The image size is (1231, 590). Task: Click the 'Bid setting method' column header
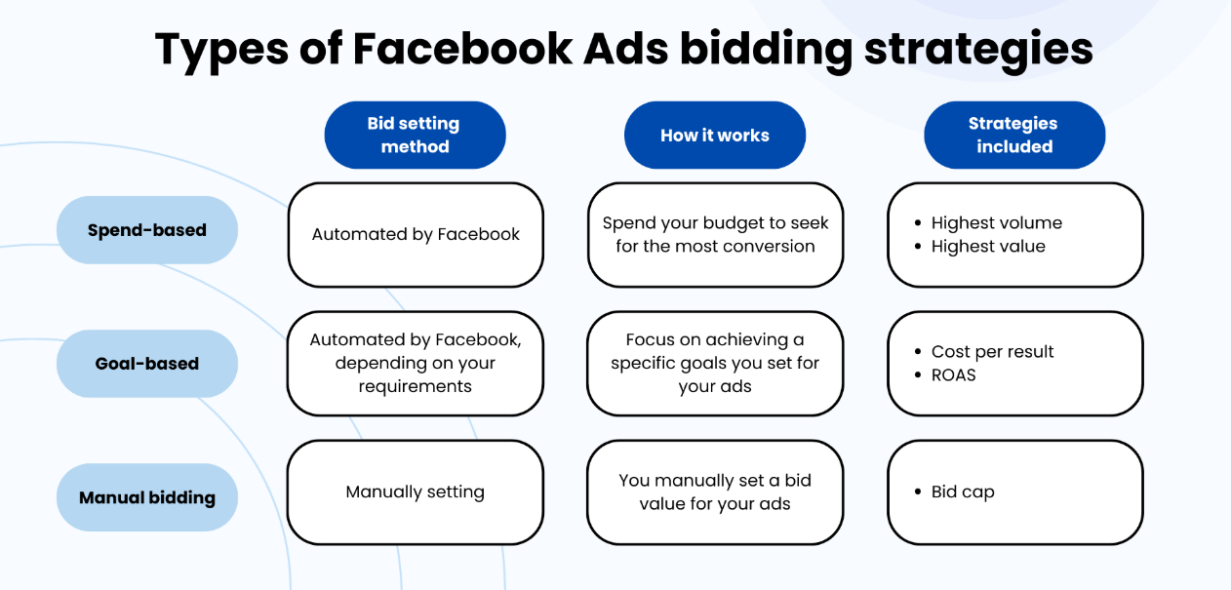[415, 136]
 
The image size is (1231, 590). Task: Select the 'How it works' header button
[714, 136]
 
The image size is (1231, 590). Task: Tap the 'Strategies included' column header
[1013, 136]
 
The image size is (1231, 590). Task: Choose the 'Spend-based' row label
[147, 230]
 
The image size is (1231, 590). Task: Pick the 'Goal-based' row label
[147, 364]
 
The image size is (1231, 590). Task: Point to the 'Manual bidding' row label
[147, 497]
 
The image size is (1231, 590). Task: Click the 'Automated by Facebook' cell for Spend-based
[416, 234]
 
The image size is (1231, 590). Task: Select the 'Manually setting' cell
[416, 492]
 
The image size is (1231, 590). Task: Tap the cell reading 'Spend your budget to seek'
[715, 234]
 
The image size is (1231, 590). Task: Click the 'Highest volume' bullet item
[996, 222]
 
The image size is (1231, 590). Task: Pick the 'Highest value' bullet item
[988, 247]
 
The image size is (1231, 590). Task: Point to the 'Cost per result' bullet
[992, 351]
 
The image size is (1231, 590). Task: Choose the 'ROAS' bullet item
[953, 375]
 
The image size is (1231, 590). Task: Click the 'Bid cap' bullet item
[963, 492]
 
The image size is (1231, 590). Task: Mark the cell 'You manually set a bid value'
[715, 492]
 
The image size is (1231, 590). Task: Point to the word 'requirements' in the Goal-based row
[416, 386]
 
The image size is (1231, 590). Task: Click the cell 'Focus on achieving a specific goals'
[715, 363]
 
